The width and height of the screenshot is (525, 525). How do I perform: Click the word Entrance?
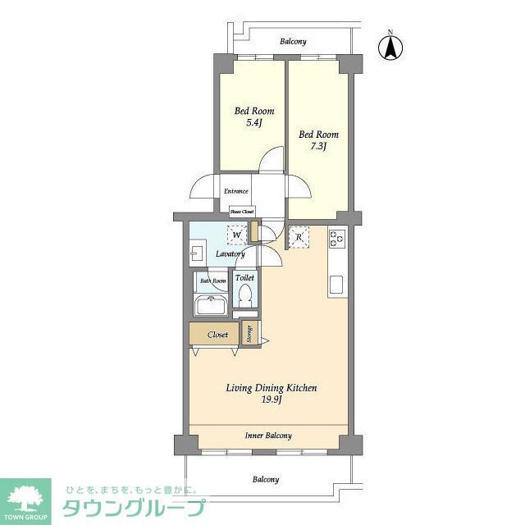click(236, 191)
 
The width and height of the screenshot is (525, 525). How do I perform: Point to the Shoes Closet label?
click(240, 211)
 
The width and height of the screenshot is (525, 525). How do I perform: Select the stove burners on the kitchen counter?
click(338, 238)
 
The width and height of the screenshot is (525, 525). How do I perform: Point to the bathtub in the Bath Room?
click(211, 307)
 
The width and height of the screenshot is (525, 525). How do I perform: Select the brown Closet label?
click(217, 335)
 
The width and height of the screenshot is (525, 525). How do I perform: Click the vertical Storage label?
click(249, 334)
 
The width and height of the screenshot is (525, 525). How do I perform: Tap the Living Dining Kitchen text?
click(272, 388)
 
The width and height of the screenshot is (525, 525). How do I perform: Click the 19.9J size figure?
click(272, 401)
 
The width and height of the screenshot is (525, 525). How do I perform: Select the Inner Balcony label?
click(268, 436)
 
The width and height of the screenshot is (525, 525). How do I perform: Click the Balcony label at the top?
click(293, 41)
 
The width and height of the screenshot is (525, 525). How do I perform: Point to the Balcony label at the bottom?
click(265, 479)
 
